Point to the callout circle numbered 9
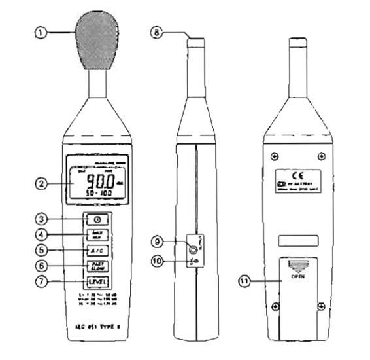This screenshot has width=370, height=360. pyautogui.click(x=157, y=242)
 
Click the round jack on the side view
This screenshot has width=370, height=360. pyautogui.click(x=193, y=249)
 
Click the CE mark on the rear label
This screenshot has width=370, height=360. pyautogui.click(x=296, y=175)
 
